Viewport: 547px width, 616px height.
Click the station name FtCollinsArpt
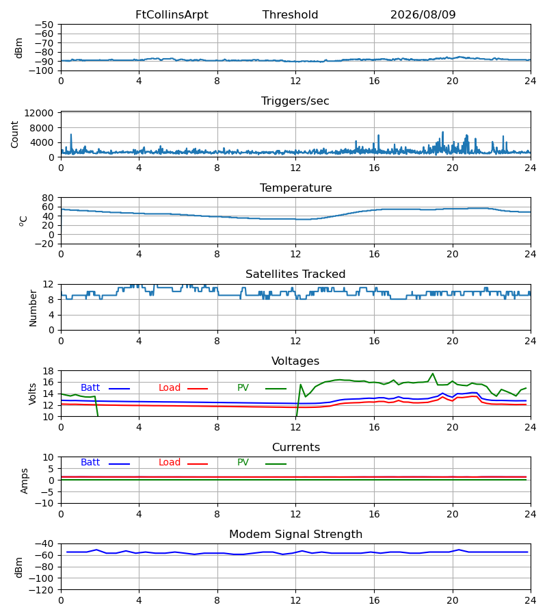[172, 15]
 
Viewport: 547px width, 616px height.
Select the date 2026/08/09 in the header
[423, 15]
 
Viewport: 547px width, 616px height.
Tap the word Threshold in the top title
[290, 15]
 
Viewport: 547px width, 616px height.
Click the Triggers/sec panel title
[295, 101]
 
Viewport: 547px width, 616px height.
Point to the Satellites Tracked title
[295, 274]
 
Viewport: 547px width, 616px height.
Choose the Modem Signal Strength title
[295, 535]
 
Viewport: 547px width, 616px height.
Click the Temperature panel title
[295, 188]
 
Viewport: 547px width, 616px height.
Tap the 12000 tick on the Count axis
[39, 113]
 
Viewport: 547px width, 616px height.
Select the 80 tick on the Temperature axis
[48, 198]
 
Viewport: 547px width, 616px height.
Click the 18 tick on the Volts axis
[48, 371]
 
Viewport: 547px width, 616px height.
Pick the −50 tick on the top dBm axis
[44, 25]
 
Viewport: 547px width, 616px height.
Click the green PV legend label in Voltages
[243, 388]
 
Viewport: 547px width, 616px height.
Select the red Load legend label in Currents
[170, 463]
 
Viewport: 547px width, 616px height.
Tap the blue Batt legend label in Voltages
[90, 388]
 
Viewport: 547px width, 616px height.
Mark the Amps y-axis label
[25, 481]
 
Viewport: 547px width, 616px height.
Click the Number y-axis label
[33, 309]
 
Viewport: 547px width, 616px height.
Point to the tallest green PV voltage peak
[433, 374]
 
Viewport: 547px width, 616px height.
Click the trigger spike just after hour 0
[71, 135]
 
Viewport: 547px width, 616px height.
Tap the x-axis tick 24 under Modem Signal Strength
[531, 600]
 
